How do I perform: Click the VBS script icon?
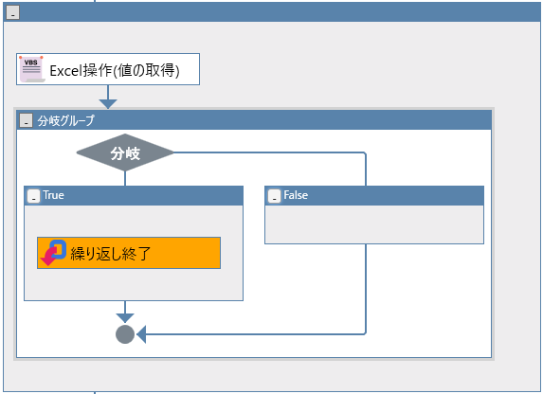[x=32, y=69]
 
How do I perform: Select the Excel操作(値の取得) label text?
[x=115, y=70]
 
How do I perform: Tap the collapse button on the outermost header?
[x=13, y=12]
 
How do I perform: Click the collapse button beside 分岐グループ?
[x=26, y=120]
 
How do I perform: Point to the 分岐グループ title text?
[x=65, y=120]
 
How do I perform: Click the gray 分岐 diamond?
[x=125, y=152]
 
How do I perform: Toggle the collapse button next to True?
[x=33, y=196]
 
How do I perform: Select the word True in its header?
[x=54, y=195]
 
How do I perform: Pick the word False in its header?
[x=296, y=195]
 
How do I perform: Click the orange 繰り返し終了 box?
[x=129, y=253]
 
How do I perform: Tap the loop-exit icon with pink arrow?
[x=53, y=253]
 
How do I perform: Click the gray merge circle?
[x=125, y=334]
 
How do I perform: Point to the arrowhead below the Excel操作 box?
[x=108, y=104]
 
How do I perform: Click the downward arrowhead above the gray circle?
[x=125, y=318]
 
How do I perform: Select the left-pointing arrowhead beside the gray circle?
[x=141, y=334]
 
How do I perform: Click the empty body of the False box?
[x=374, y=224]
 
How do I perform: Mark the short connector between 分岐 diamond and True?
[x=125, y=178]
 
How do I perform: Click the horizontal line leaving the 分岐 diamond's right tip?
[x=269, y=152]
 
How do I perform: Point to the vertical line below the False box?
[x=366, y=288]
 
